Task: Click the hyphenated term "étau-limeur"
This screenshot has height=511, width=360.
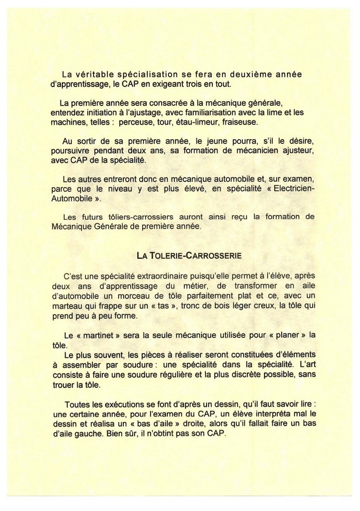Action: (209, 122)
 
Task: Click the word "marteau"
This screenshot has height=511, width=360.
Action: (66, 305)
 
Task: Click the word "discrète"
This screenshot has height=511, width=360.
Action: (225, 374)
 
